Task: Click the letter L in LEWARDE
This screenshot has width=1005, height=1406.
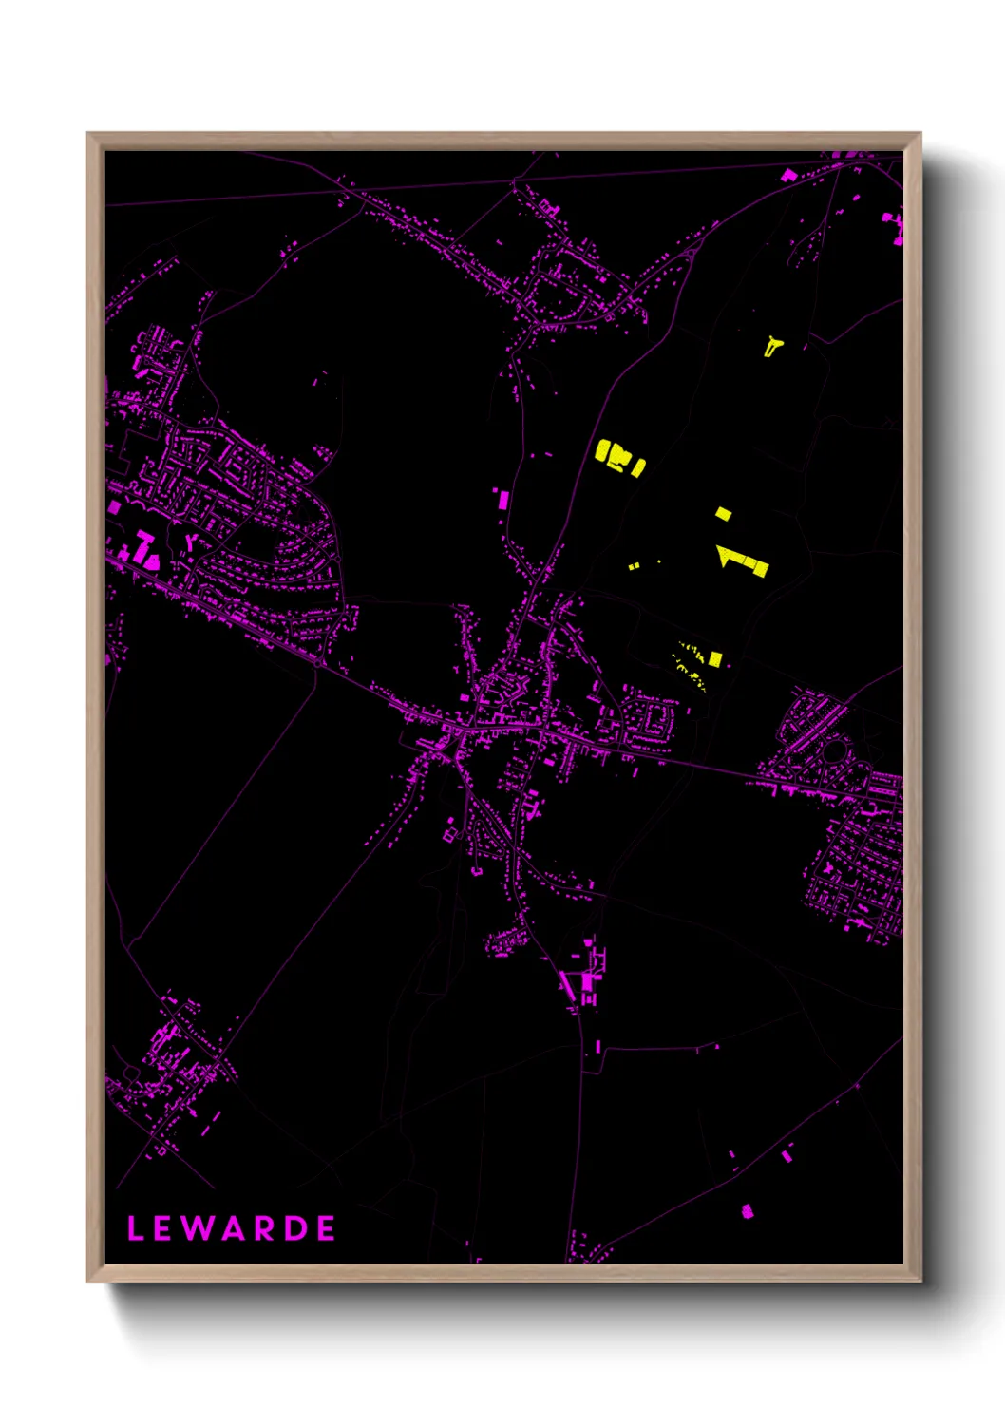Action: (x=135, y=1228)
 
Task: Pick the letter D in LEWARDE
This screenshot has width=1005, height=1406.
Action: (x=294, y=1228)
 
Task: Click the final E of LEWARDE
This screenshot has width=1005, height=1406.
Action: (x=326, y=1228)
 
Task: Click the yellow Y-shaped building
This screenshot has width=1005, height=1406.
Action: (x=773, y=345)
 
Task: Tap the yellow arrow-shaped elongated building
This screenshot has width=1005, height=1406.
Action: (x=743, y=560)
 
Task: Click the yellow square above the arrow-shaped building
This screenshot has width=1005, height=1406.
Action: (x=724, y=514)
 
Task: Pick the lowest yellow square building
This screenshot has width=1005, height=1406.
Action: (x=714, y=658)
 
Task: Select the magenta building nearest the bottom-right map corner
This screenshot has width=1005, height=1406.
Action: (x=747, y=1211)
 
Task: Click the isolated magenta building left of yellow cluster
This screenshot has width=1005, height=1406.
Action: (x=502, y=499)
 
